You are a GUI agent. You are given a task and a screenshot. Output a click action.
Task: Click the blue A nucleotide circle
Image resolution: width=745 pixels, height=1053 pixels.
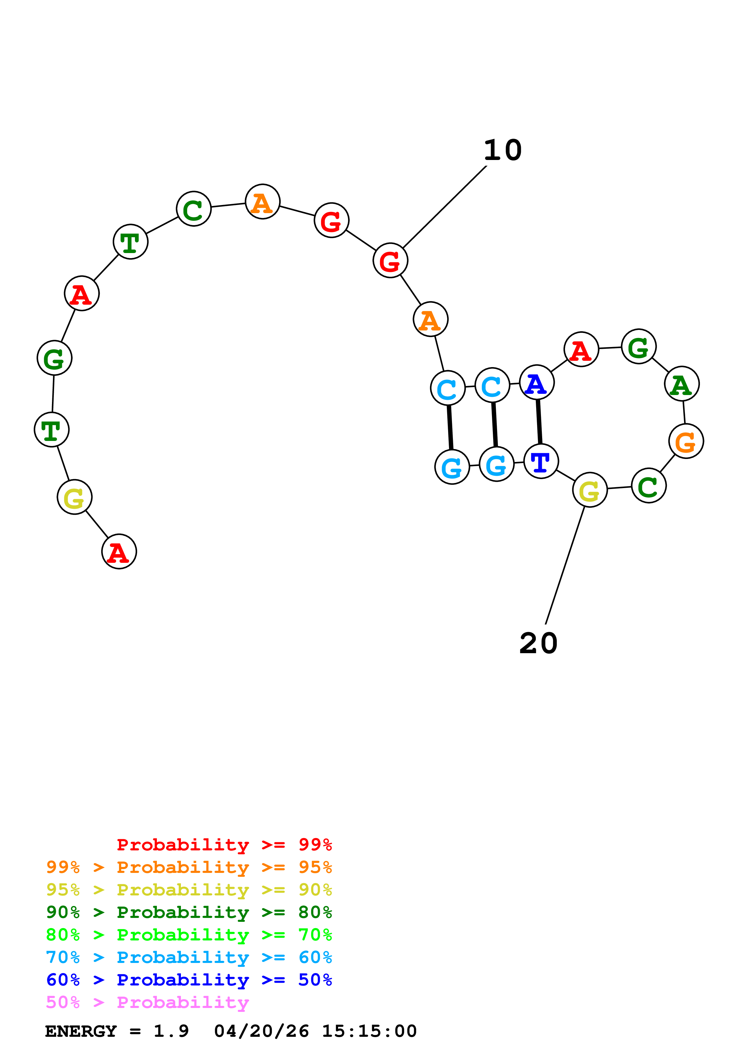coord(537,382)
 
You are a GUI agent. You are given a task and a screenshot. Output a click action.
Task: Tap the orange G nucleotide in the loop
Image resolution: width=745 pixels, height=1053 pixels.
coord(686,441)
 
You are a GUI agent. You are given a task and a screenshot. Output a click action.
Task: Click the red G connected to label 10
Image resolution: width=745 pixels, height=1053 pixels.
coord(390,261)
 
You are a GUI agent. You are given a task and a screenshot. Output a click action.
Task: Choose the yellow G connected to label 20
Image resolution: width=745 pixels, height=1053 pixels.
coord(590,490)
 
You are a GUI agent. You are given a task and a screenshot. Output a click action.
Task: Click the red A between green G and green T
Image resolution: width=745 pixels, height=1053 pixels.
coord(82,294)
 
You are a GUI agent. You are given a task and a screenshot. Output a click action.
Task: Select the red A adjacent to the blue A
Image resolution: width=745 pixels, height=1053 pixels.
coord(581,349)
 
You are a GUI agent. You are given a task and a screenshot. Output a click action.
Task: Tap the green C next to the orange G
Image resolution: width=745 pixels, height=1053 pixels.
coord(649,485)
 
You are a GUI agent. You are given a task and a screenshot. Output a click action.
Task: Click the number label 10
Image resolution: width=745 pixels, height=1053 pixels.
coord(503,150)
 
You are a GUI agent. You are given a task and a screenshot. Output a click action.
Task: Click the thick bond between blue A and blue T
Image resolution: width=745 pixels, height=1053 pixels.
coord(539,421)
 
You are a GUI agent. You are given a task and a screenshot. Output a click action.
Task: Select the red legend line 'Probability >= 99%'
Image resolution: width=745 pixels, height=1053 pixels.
coord(224,845)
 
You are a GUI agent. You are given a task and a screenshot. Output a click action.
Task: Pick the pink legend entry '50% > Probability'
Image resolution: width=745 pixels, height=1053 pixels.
coord(147,1003)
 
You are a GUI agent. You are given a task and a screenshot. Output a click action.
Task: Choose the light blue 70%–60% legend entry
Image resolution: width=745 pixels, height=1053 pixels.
coord(189,958)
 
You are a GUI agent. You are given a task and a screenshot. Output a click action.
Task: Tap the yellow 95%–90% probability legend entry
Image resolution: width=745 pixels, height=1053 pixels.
coord(189,890)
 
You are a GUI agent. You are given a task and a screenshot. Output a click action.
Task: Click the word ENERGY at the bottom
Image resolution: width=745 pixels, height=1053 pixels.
coord(81,1031)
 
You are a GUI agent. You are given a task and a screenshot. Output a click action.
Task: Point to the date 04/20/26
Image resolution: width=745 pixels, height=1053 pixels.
coord(261,1031)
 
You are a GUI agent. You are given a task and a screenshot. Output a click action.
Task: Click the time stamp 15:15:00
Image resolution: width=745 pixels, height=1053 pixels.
coord(369,1031)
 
